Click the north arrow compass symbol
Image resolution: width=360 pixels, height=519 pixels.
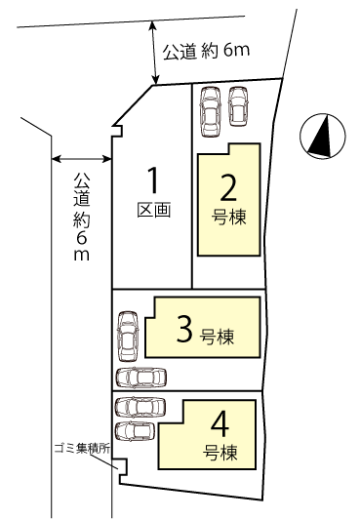coord(323,136)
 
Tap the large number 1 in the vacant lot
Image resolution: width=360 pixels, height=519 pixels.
coord(152,180)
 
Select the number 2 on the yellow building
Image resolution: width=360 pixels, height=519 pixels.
coord(228,187)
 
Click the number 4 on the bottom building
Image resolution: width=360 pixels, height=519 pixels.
coord(220,424)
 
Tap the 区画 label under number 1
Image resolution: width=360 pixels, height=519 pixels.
coord(154,210)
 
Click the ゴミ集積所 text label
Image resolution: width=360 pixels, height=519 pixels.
coord(82,449)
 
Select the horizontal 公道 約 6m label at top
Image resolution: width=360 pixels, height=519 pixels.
coord(206,52)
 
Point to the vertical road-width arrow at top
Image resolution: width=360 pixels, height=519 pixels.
coord(154,53)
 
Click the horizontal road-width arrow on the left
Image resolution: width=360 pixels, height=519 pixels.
coord(82,159)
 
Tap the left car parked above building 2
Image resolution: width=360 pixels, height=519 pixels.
coord(210,111)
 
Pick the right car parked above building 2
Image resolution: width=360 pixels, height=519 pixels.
coord(238,106)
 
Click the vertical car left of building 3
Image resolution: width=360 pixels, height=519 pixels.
coord(128,337)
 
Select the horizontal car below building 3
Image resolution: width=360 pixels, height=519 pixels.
coord(141,378)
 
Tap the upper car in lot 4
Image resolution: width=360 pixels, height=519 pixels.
coord(140,407)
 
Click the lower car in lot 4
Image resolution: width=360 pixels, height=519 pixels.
coord(135,431)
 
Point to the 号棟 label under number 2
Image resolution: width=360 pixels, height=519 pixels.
coord(229,218)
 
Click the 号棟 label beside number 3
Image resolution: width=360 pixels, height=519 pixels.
coord(217,337)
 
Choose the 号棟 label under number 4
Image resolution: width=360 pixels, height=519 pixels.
coord(220,453)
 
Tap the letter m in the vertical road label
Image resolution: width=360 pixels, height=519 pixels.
coord(81,255)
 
